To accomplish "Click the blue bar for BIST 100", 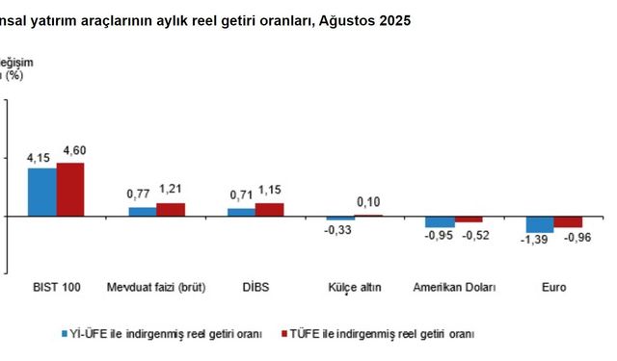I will coord(42,192).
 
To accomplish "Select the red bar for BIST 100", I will coord(70,190).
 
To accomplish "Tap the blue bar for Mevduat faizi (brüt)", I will coord(142,211).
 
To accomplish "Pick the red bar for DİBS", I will coord(270,209).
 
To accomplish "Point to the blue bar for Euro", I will coord(539,223).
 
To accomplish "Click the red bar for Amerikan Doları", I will coord(468,219).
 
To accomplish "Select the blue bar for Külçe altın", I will coord(340,219).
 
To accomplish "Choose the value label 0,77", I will coord(140,193).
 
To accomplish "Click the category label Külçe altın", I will coord(354,287).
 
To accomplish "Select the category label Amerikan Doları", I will coord(454,287).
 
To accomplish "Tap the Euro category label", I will coord(553,287).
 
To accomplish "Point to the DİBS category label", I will coord(255,287).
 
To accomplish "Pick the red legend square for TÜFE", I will coord(283,333).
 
